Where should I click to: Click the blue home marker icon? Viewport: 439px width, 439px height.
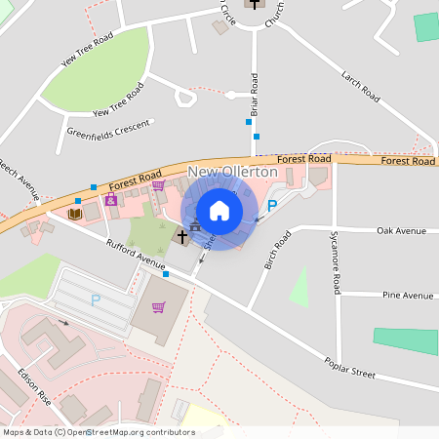[219, 211]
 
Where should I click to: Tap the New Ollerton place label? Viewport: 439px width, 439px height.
[232, 172]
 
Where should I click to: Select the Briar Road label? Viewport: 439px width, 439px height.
[255, 96]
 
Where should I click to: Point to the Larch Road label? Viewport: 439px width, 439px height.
[360, 86]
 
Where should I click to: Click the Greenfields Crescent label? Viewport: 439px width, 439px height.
[109, 128]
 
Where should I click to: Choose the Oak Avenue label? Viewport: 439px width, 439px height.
[402, 231]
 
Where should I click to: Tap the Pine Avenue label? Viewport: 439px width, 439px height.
[408, 295]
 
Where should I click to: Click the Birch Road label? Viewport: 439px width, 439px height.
[278, 251]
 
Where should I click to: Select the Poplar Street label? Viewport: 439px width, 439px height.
[350, 366]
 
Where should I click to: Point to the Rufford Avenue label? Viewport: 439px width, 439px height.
[136, 256]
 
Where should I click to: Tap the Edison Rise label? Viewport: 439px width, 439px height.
[34, 386]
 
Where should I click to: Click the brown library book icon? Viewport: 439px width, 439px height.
[75, 214]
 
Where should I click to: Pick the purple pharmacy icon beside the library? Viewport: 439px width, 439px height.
[110, 200]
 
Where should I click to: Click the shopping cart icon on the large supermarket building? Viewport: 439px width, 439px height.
[158, 307]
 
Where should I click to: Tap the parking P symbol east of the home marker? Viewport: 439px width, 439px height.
[273, 206]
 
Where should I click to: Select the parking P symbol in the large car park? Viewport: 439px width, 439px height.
[95, 300]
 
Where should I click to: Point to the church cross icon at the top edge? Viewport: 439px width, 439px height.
[255, 4]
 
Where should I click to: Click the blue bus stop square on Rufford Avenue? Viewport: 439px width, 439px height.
[166, 274]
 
